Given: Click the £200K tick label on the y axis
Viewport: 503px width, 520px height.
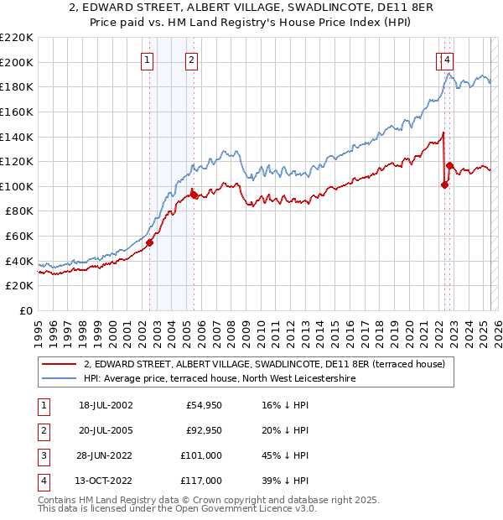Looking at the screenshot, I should coord(17,62).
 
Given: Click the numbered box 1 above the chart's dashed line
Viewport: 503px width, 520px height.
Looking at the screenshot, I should coord(148,60).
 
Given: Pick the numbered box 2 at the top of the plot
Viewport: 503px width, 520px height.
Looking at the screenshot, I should coord(192,60).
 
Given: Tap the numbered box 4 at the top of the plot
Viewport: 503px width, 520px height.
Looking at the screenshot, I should coord(449,60).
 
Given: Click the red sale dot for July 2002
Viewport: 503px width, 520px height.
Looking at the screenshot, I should coord(150,242).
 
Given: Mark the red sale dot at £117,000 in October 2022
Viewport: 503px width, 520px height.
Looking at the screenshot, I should coord(449,165).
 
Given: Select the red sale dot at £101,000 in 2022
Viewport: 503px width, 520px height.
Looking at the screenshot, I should coord(445,185).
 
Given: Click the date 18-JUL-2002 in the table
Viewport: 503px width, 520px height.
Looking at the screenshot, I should coord(106,405).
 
